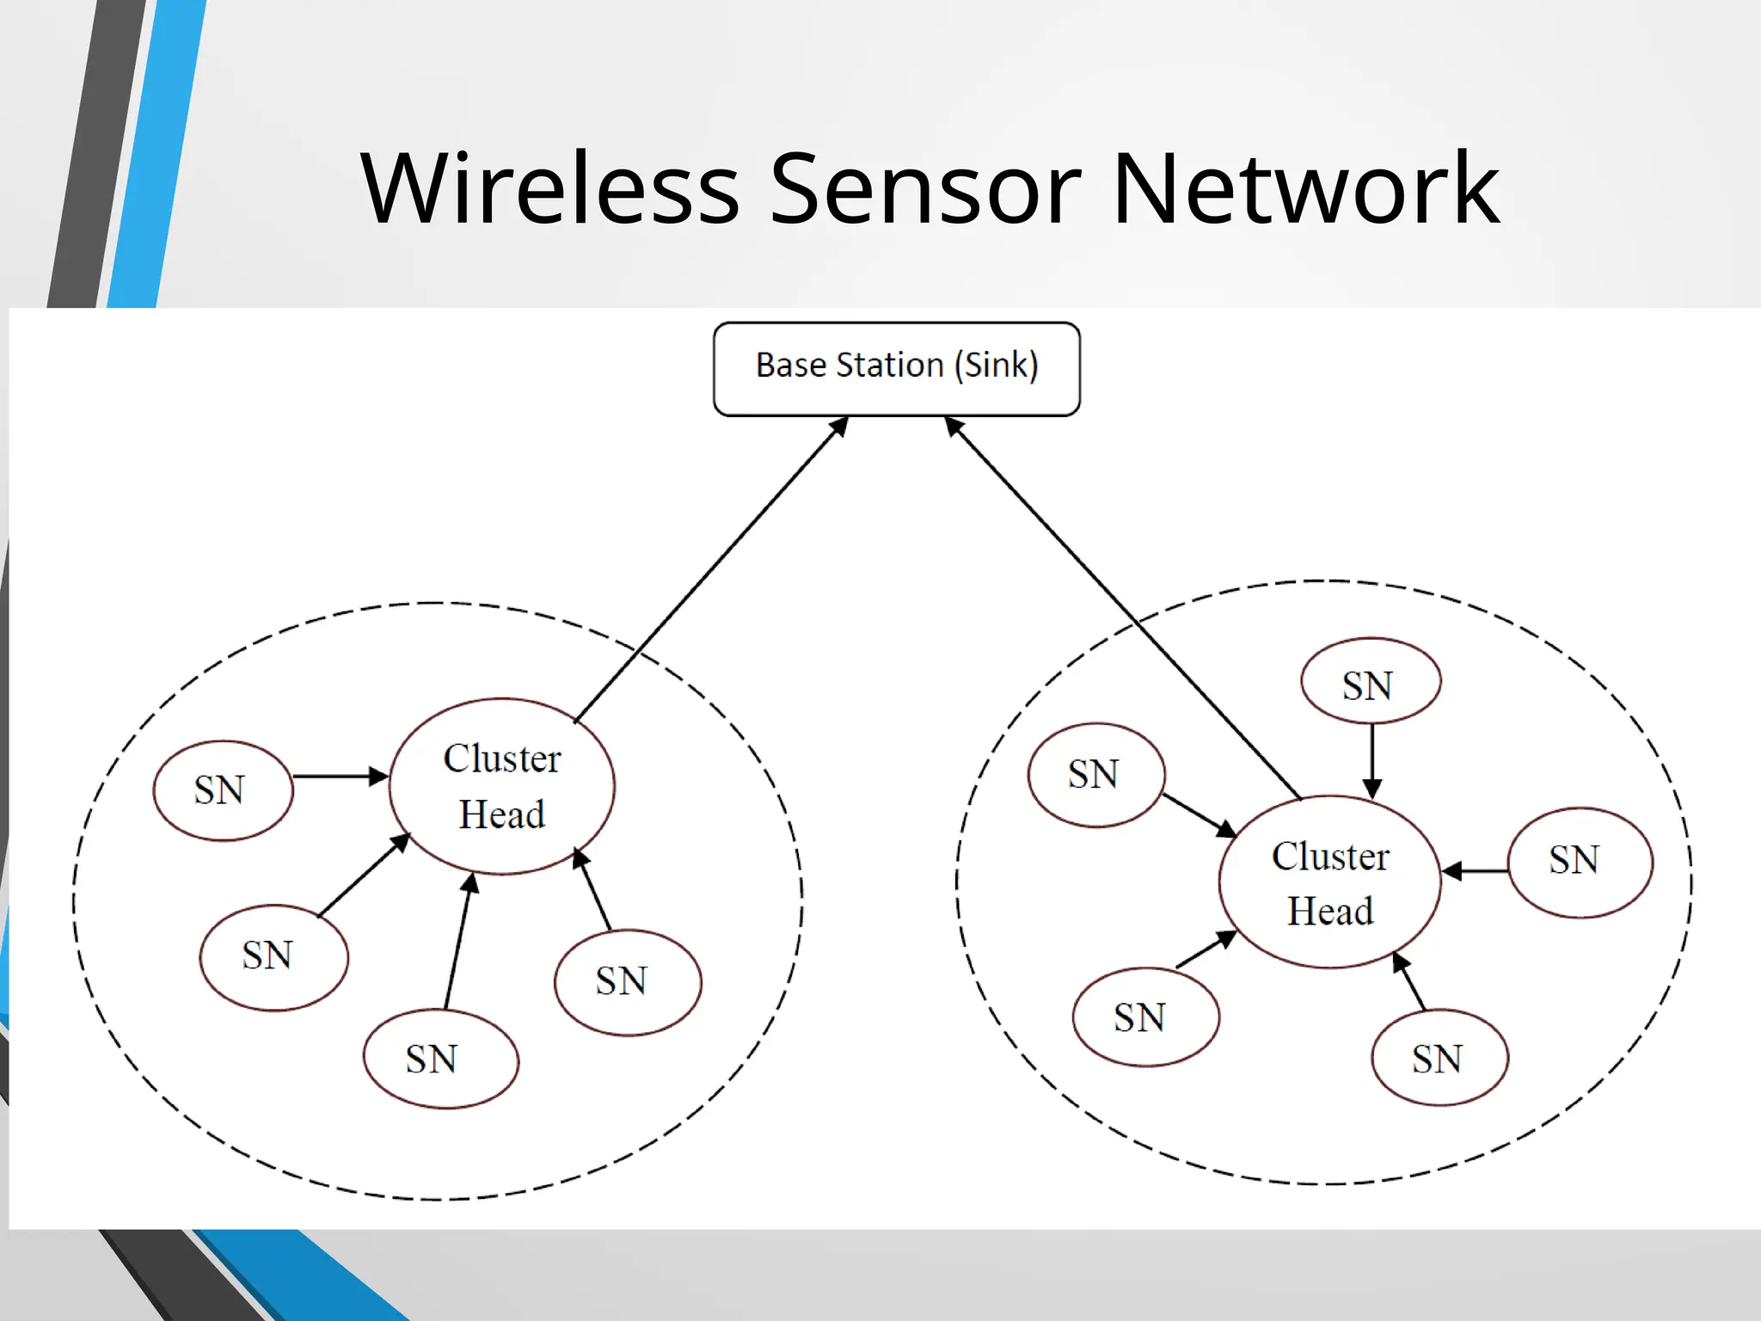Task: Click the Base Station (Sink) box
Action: [896, 369]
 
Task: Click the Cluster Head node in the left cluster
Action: [501, 786]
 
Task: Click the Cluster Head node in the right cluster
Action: [1329, 882]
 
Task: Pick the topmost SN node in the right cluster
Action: [1371, 681]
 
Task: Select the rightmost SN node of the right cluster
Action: [1580, 862]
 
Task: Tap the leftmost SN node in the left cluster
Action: [223, 790]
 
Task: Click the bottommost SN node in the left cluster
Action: [440, 1059]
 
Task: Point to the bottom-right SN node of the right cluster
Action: [1439, 1057]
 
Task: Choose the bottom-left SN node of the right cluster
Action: [1145, 1017]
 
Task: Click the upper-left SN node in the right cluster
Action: [1095, 775]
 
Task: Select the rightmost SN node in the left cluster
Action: [628, 982]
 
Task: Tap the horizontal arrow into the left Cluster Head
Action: [340, 777]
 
